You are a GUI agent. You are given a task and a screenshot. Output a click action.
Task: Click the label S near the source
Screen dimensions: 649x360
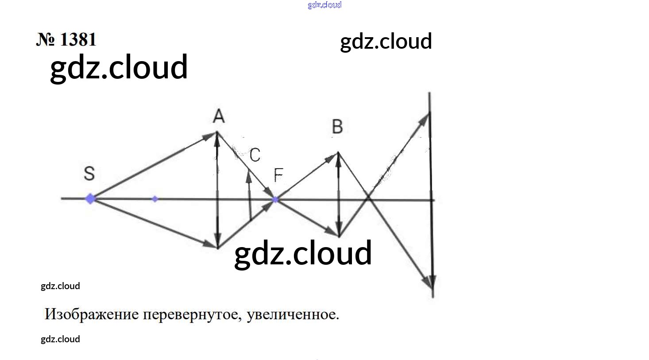[89, 173]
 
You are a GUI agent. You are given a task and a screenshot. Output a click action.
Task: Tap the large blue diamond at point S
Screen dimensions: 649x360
[90, 199]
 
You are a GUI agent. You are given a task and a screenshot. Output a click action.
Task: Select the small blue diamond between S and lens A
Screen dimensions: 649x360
[155, 199]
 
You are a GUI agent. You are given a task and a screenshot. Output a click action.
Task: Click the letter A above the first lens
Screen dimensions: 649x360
[219, 116]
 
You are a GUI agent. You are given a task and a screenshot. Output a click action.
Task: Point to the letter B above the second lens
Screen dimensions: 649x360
[337, 127]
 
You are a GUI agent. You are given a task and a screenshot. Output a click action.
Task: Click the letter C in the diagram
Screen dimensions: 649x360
[255, 155]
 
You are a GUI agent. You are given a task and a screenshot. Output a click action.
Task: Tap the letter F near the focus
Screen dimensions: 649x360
[278, 175]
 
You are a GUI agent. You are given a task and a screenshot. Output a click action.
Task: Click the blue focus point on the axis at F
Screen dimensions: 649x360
[275, 200]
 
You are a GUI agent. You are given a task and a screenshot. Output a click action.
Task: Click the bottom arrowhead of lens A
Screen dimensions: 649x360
[218, 244]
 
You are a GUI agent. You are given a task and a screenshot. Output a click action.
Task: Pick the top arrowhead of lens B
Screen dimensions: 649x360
[338, 156]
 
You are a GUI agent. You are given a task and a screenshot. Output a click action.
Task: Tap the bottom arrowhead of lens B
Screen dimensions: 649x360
[339, 232]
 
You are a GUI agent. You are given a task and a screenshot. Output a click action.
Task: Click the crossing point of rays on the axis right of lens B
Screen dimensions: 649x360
[369, 200]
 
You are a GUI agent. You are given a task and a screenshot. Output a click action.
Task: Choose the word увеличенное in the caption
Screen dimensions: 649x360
[293, 314]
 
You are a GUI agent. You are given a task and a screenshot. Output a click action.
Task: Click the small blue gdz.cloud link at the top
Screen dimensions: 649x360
[324, 5]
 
